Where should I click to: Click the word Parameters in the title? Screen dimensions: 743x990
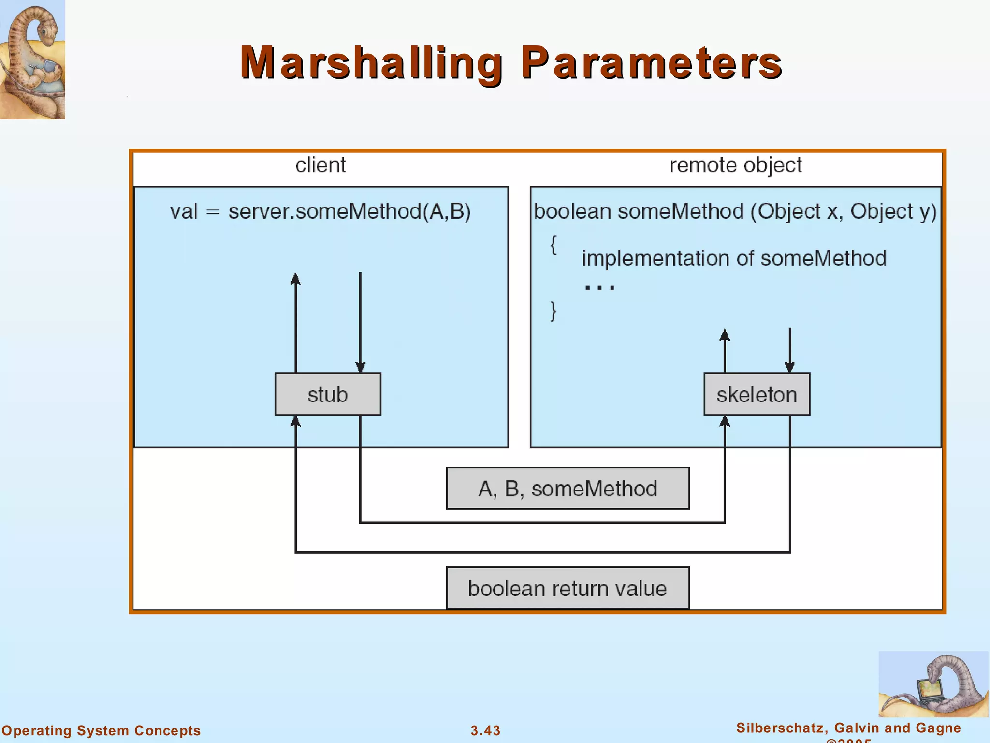point(651,63)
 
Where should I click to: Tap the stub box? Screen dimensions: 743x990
point(328,394)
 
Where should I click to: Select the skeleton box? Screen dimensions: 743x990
point(757,394)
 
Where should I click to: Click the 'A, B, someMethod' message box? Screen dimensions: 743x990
point(568,489)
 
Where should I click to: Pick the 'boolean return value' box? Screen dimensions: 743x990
point(568,588)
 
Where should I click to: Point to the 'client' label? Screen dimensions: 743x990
point(320,165)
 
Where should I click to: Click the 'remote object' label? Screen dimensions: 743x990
point(735,165)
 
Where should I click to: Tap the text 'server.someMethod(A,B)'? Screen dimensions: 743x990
point(349,212)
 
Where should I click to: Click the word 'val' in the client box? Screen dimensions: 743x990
point(184,212)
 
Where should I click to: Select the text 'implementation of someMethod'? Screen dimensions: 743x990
point(734,258)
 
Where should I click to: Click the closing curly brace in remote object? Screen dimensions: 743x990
point(553,311)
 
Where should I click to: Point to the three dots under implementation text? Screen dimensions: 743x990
point(599,287)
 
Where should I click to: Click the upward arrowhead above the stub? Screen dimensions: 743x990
point(295,279)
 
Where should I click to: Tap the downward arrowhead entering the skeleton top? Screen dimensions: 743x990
point(790,367)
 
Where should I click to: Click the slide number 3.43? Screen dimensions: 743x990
point(485,730)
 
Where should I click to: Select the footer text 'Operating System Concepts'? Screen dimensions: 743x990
point(101,730)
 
